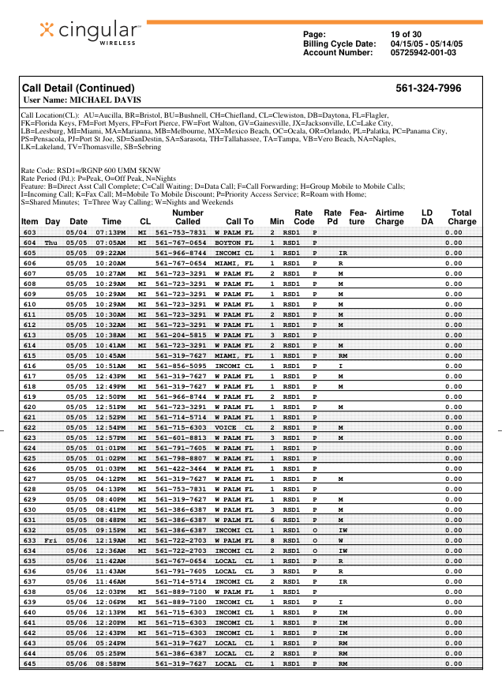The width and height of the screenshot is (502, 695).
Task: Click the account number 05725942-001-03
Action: pyautogui.click(x=422, y=53)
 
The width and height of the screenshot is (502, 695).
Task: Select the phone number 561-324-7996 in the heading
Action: pyautogui.click(x=429, y=88)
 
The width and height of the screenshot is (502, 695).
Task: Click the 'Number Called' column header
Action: pyautogui.click(x=187, y=217)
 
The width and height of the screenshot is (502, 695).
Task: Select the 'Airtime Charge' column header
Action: pyautogui.click(x=389, y=217)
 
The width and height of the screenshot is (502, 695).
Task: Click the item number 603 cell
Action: pyautogui.click(x=30, y=233)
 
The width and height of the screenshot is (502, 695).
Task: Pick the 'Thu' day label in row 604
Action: pyautogui.click(x=52, y=242)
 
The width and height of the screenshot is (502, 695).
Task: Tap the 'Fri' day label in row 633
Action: pyautogui.click(x=52, y=540)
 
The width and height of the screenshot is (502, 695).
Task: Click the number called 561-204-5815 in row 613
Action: pyautogui.click(x=181, y=335)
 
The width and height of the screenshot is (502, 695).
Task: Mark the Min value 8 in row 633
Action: pyautogui.click(x=272, y=540)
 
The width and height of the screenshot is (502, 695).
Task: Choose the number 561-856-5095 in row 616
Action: pyautogui.click(x=181, y=366)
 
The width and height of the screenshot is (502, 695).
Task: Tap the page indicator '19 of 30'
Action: pyautogui.click(x=406, y=34)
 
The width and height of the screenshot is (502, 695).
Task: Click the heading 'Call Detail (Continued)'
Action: pyautogui.click(x=78, y=88)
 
